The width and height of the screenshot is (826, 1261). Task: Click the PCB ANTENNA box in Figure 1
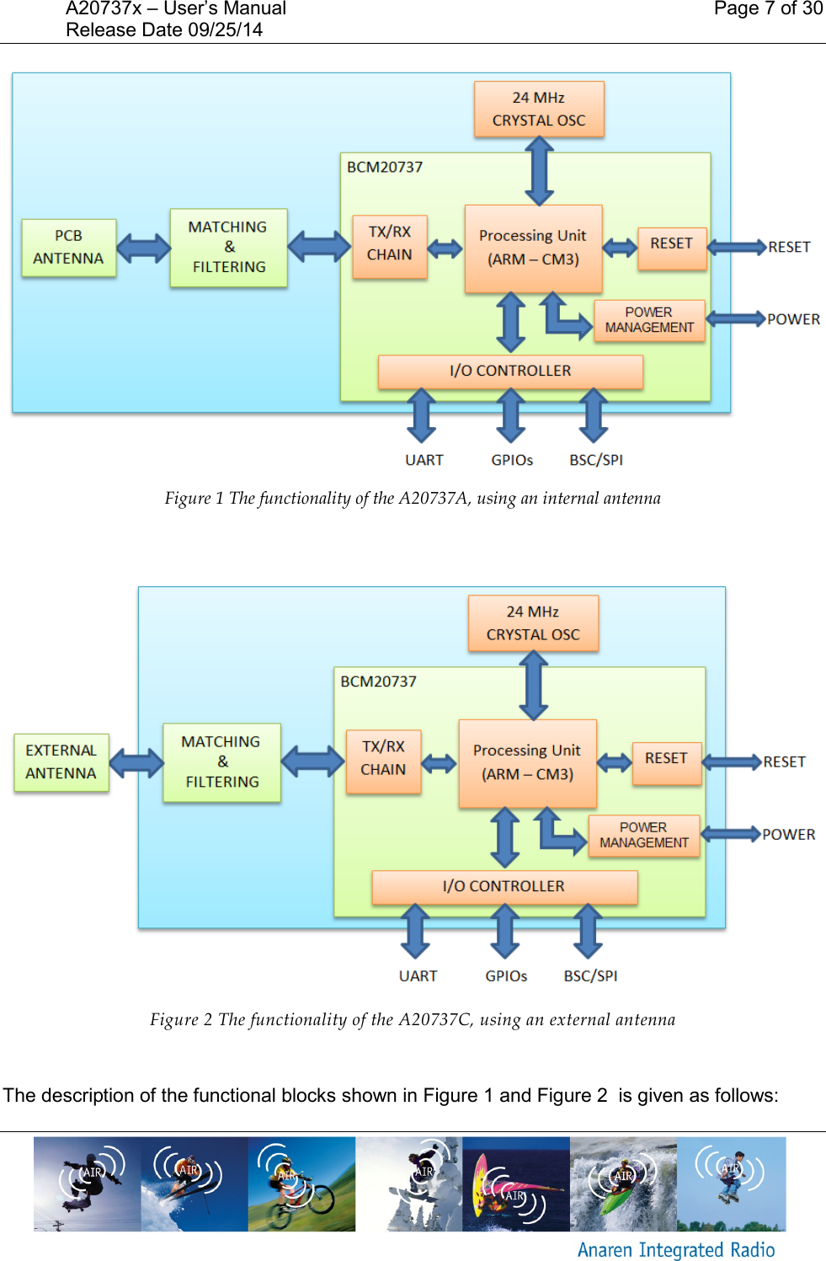(x=68, y=248)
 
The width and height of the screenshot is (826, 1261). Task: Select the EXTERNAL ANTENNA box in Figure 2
(x=61, y=762)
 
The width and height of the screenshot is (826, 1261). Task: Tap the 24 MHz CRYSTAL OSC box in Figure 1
(x=539, y=110)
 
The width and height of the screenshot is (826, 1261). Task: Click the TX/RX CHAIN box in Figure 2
(x=383, y=759)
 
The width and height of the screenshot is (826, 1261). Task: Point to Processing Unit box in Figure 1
(x=533, y=248)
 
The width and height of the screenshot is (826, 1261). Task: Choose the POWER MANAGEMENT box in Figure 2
(x=644, y=835)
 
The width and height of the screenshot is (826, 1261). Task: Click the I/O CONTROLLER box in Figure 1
(x=510, y=371)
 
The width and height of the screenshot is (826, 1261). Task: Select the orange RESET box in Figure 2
(x=666, y=759)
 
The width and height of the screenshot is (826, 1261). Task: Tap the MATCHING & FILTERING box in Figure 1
(x=228, y=248)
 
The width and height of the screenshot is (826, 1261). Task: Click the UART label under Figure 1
(x=424, y=460)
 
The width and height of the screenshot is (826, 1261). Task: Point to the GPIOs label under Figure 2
(x=506, y=975)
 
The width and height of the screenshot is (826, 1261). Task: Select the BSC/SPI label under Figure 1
(x=596, y=460)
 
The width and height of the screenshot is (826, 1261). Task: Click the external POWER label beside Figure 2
(x=788, y=835)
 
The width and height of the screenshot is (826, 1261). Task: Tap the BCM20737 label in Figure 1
(x=385, y=167)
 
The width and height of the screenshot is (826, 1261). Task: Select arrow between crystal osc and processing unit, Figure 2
(x=534, y=686)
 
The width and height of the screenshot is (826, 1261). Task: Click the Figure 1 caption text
(x=413, y=499)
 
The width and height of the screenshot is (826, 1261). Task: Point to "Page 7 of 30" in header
(x=767, y=9)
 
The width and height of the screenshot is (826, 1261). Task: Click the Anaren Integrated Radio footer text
(x=676, y=1249)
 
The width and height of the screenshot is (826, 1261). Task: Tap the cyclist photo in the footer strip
(x=301, y=1184)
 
